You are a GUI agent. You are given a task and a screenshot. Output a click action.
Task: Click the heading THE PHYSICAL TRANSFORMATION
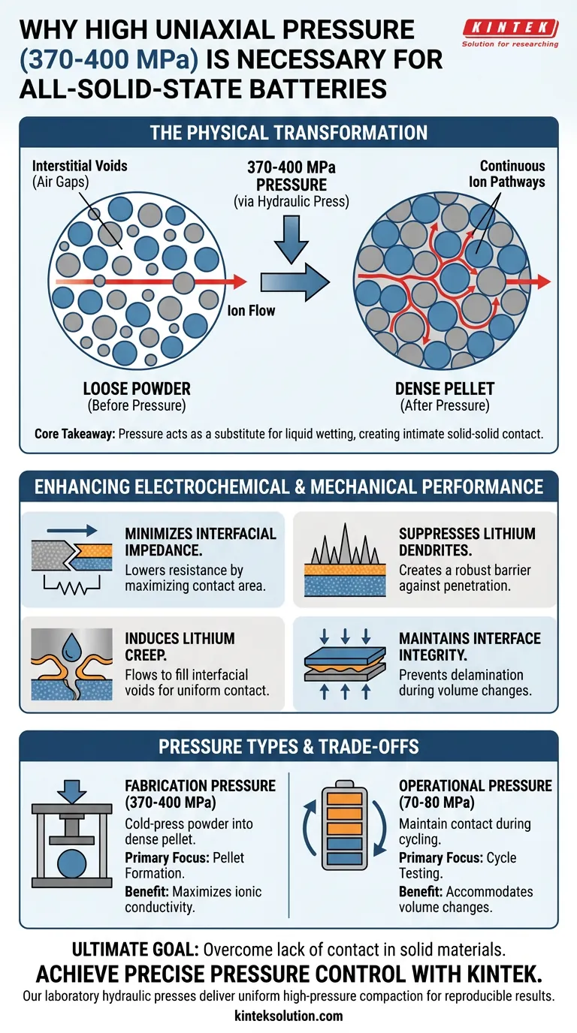(288, 134)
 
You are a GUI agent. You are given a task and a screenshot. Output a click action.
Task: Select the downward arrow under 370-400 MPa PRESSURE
(292, 239)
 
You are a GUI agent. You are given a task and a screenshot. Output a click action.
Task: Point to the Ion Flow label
(250, 309)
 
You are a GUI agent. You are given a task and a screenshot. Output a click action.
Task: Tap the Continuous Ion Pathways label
(512, 174)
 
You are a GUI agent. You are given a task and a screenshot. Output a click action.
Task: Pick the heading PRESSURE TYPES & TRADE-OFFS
(288, 748)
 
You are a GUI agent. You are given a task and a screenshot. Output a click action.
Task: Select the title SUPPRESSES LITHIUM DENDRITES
(467, 543)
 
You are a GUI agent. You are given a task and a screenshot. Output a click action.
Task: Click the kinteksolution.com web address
(288, 1016)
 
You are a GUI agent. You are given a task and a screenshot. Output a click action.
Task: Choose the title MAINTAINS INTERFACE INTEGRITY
(470, 647)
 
